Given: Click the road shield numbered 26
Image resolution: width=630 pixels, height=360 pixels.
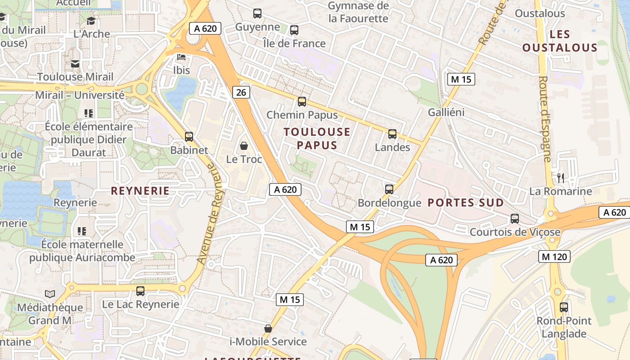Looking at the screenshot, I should coord(242,92).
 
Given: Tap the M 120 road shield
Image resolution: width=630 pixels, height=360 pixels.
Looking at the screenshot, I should coord(554,256).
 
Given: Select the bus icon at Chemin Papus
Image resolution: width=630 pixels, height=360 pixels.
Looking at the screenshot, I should coord(302,102).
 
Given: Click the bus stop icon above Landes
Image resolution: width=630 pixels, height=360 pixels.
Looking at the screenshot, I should coord(392,134).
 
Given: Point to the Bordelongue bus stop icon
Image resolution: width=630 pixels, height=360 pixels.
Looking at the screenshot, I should coord(389,189).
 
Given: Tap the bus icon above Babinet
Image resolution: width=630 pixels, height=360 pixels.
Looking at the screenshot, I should coord(189,136).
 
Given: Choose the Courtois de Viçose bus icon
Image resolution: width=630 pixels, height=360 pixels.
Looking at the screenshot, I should coord(515,219).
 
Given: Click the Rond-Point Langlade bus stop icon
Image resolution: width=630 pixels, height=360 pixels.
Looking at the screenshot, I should coord(564,307).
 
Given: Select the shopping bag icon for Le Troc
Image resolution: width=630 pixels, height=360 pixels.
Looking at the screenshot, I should coord(244,146).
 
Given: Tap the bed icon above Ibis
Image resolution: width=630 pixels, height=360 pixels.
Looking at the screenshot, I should coord(181,57).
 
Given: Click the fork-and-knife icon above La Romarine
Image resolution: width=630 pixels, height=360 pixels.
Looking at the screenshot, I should coord(560,178).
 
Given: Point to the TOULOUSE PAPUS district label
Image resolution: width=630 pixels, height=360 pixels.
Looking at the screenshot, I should coord(317,139).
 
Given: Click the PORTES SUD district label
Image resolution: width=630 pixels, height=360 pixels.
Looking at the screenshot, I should coord(466,202).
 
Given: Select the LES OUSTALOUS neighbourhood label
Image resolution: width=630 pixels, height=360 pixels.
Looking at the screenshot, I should coord(560,41).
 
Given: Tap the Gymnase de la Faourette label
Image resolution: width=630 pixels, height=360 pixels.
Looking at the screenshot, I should coord(358,12).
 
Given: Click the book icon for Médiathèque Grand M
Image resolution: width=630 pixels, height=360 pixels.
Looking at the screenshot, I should coord(50,294).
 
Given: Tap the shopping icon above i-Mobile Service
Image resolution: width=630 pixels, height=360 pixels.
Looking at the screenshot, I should coord(268,328).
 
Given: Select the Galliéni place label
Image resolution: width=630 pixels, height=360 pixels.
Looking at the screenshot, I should coord(446,112).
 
